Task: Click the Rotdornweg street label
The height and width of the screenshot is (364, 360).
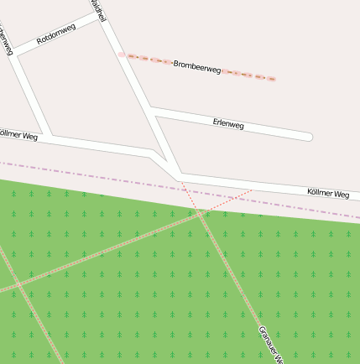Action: [x=56, y=34]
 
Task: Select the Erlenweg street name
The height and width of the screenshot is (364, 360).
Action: [x=228, y=124]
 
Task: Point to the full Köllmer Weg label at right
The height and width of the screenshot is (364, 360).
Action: [x=328, y=194]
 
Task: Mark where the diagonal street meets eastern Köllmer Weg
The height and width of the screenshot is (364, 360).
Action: [x=179, y=174]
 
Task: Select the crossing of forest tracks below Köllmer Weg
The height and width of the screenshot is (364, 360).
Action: [x=201, y=213]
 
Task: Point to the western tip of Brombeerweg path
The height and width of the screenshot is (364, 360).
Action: [x=122, y=55]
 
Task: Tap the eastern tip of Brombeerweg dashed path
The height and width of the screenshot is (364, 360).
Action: [x=273, y=79]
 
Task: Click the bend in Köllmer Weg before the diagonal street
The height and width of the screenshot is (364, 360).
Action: [x=150, y=152]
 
